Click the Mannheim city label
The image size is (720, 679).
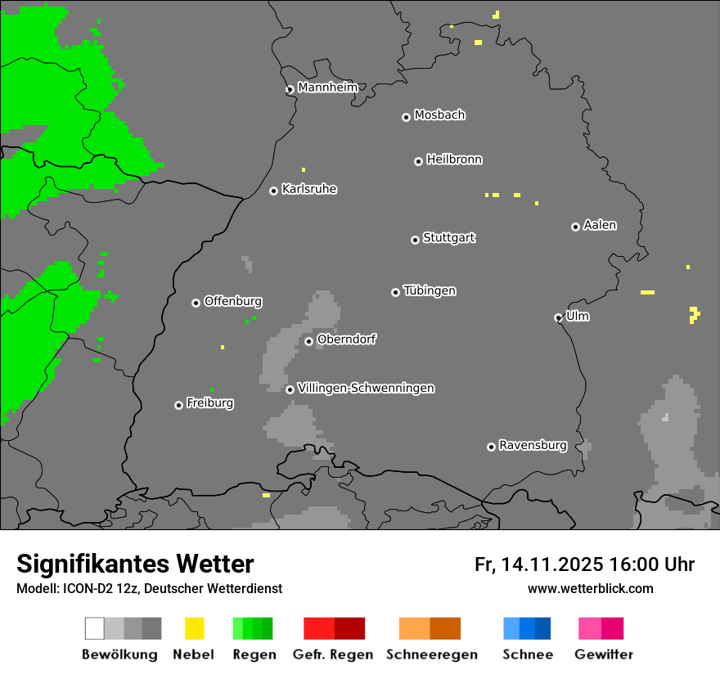[x=327, y=88]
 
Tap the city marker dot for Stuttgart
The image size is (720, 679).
[x=415, y=240]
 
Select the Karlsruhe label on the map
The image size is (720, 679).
[x=308, y=189]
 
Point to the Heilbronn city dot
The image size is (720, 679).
[x=418, y=161]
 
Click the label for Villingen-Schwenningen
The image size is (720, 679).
[x=366, y=388]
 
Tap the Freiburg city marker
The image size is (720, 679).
[x=178, y=405]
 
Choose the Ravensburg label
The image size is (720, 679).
[x=533, y=445]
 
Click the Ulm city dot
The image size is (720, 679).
[x=558, y=317]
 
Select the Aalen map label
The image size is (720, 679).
[x=600, y=225]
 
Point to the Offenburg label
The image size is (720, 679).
[x=232, y=301]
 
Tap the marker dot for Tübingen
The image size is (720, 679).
[x=395, y=292]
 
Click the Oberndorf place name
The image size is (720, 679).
[x=346, y=339]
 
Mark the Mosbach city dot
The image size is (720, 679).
[x=406, y=117]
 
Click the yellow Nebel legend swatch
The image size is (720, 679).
[x=194, y=628]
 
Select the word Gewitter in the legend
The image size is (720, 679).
[x=603, y=654]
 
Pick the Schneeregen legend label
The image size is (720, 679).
[x=431, y=654]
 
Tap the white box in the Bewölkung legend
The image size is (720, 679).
[x=94, y=628]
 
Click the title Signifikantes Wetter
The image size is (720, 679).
[x=135, y=564]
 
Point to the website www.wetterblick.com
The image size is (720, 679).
[x=590, y=588]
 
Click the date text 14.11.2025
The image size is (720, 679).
[x=552, y=564]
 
